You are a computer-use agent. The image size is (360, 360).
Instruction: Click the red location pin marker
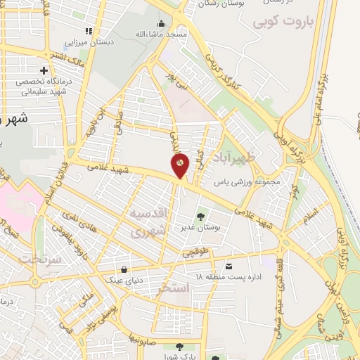click(180, 165)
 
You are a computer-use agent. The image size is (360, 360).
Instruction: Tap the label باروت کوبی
click(287, 20)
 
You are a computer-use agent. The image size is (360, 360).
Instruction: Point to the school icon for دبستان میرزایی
click(89, 31)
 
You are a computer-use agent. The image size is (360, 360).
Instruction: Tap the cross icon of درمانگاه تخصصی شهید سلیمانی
click(45, 70)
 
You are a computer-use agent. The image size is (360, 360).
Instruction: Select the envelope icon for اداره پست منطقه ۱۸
click(229, 266)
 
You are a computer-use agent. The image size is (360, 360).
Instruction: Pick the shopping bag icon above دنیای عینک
click(124, 269)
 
